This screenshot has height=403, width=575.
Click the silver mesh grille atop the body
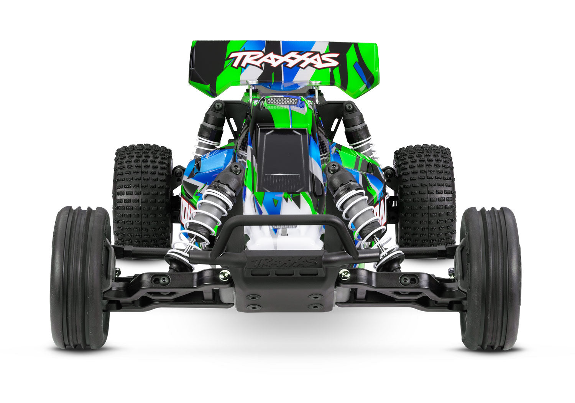pyautogui.click(x=281, y=101)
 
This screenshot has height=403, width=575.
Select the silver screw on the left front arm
pyautogui.click(x=225, y=274)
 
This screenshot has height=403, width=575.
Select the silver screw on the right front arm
pyautogui.click(x=344, y=274)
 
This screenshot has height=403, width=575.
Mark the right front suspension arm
pyautogui.click(x=402, y=286)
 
